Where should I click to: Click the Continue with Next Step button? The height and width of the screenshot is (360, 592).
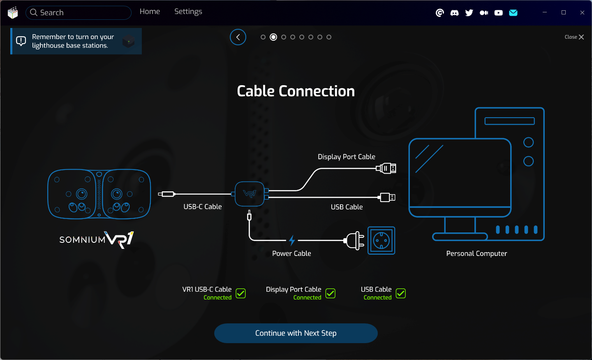(x=296, y=333)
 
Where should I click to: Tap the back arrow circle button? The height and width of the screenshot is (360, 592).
(x=238, y=37)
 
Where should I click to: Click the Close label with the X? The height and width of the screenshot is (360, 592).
(x=574, y=37)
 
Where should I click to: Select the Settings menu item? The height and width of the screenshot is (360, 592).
(x=188, y=12)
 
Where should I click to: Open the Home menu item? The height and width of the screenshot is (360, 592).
(x=150, y=12)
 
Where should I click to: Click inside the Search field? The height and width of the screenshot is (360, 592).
(x=82, y=13)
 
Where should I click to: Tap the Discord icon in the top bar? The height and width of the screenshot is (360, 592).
(x=454, y=13)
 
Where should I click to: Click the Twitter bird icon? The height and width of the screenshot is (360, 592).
(x=469, y=13)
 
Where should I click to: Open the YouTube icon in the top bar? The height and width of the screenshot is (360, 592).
(x=498, y=13)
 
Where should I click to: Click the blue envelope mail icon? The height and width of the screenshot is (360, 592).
(x=513, y=13)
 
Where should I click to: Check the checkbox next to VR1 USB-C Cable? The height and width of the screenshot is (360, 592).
(x=240, y=293)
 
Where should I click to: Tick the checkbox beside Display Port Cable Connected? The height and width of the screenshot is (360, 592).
(x=330, y=293)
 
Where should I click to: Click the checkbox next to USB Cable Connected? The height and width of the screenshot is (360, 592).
(x=400, y=293)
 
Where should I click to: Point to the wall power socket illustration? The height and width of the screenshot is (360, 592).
(x=381, y=241)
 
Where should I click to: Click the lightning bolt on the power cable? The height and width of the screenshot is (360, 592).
(x=292, y=240)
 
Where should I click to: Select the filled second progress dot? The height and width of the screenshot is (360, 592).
(x=273, y=37)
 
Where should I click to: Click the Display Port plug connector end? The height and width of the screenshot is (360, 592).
(x=387, y=168)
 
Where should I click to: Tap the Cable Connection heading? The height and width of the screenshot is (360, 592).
(x=296, y=91)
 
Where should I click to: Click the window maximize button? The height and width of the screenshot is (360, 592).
(x=564, y=12)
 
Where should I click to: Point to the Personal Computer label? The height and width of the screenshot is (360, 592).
(x=476, y=253)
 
